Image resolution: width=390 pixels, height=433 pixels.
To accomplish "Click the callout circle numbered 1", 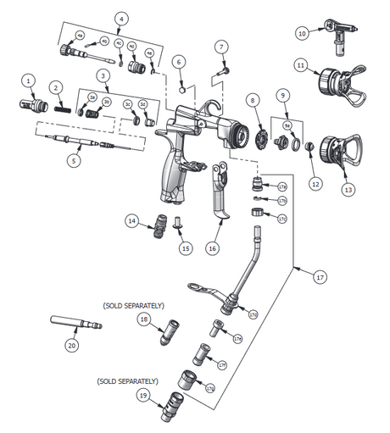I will tap(29, 80).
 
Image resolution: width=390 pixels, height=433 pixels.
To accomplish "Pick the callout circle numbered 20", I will tap(71, 345).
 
